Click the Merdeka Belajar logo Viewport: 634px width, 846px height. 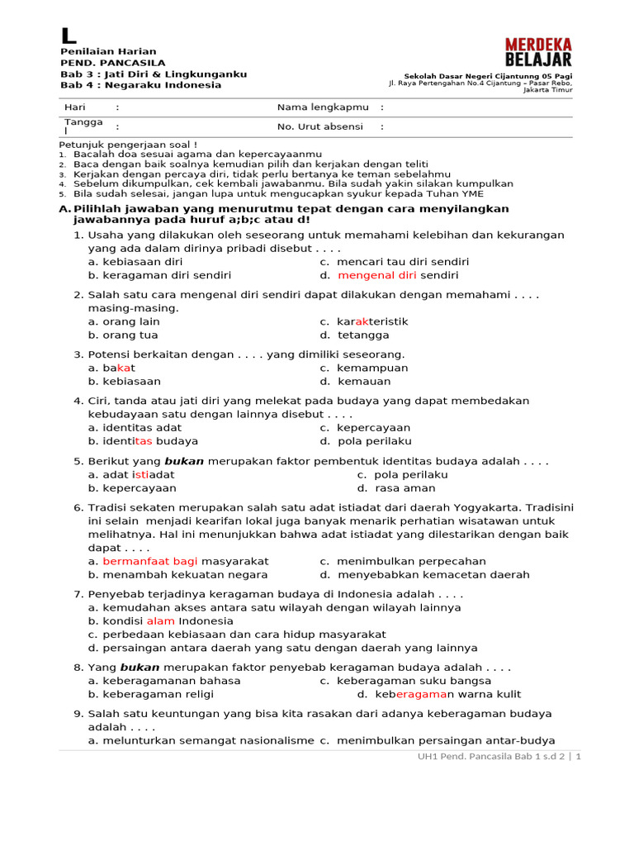537,51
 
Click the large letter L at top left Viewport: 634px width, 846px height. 69,36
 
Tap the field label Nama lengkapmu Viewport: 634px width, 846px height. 323,107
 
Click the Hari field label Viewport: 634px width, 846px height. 75,107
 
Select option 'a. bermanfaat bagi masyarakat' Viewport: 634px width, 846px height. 177,561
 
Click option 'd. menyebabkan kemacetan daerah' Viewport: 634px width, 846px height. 425,574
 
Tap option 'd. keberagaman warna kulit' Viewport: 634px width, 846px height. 439,694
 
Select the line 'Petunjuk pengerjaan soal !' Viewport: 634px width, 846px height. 128,144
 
